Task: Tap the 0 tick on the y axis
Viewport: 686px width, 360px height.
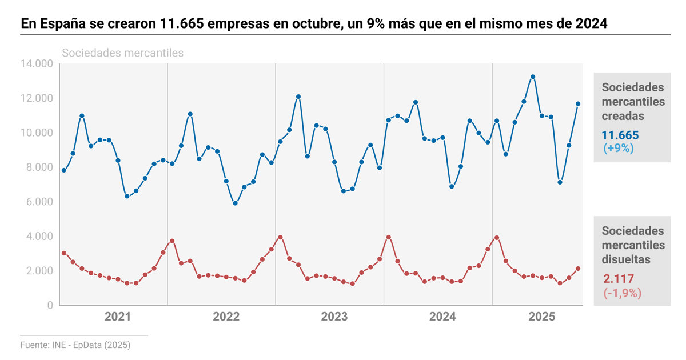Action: pos(50,305)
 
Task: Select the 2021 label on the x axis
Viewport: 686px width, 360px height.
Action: pos(118,317)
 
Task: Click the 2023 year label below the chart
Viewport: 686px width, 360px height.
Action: pos(334,317)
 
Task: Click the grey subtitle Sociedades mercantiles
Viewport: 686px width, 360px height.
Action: pos(122,53)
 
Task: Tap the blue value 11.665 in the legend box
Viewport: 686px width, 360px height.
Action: pos(620,136)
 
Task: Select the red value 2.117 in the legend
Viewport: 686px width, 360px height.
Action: pos(616,279)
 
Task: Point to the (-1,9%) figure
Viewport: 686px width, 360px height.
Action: pos(622,293)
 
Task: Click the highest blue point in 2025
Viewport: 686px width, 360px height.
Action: pos(533,77)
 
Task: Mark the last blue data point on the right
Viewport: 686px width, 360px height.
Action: pos(578,103)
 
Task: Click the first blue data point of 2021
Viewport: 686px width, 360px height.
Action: pos(64,170)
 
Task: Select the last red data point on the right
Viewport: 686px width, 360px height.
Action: pos(578,269)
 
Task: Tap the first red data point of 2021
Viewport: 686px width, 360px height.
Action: pos(64,253)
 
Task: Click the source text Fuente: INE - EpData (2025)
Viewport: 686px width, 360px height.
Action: pos(75,345)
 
